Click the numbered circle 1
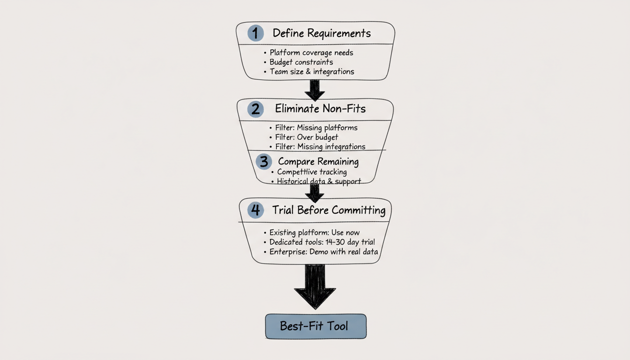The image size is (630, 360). pyautogui.click(x=255, y=33)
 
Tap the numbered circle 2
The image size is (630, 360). pyautogui.click(x=255, y=109)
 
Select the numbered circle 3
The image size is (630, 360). pyautogui.click(x=264, y=161)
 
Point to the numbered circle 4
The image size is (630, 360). pyautogui.click(x=255, y=210)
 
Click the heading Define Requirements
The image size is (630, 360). pyautogui.click(x=322, y=33)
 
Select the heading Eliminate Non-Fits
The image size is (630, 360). pyautogui.click(x=320, y=109)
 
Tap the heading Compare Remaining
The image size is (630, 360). pyautogui.click(x=318, y=162)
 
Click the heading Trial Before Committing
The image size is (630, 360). pyautogui.click(x=329, y=210)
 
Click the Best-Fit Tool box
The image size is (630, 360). pyautogui.click(x=315, y=326)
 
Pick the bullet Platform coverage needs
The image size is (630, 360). pyautogui.click(x=311, y=52)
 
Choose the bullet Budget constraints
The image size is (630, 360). pyautogui.click(x=301, y=62)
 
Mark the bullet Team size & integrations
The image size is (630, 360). pyautogui.click(x=312, y=72)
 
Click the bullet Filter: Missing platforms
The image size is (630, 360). pyautogui.click(x=316, y=127)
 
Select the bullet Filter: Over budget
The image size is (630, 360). pyautogui.click(x=307, y=137)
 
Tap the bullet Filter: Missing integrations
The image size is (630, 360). pyautogui.click(x=320, y=147)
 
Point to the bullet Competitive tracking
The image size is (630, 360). pyautogui.click(x=312, y=172)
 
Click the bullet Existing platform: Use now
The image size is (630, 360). pyautogui.click(x=315, y=232)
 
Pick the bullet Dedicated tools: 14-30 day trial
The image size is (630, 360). pyautogui.click(x=322, y=242)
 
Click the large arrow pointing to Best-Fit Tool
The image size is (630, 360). pyautogui.click(x=315, y=286)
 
